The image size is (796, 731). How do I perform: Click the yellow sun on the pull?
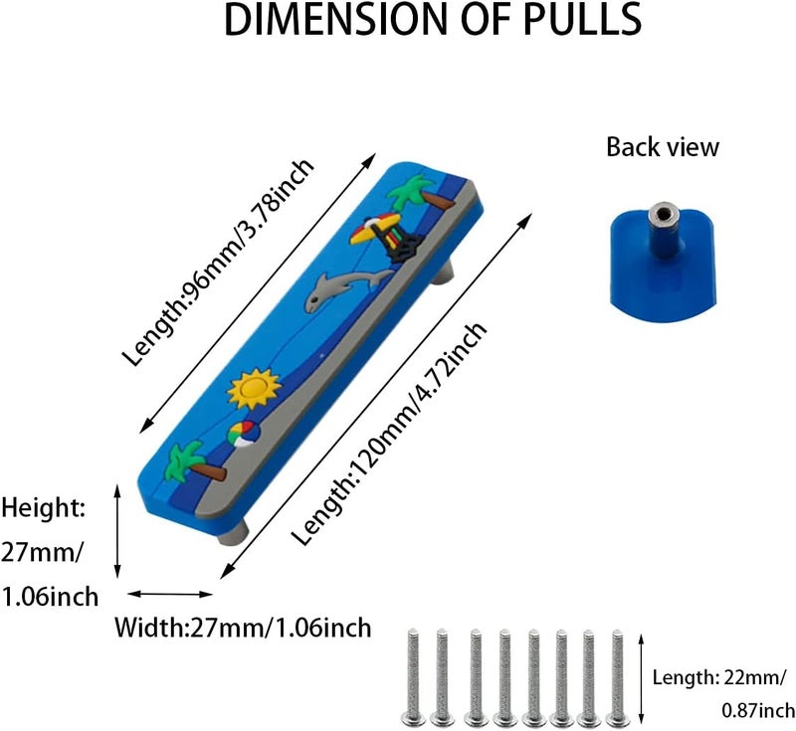tap(254, 388)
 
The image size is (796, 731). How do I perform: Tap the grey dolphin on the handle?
tap(345, 289)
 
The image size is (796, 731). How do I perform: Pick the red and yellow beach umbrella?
tap(376, 228)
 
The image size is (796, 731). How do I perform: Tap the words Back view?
tap(663, 147)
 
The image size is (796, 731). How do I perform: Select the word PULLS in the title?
tap(582, 19)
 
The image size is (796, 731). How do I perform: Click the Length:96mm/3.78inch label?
tap(218, 262)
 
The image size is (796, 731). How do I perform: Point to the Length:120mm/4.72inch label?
tap(389, 434)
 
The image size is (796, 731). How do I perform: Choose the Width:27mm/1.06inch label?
tap(243, 628)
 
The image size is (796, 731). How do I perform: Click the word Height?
tap(43, 508)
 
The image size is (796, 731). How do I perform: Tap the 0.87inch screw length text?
tap(758, 710)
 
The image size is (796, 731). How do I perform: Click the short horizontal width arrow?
tap(169, 594)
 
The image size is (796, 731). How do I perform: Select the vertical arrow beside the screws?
tap(641, 678)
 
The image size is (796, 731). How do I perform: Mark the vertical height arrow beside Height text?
tap(117, 531)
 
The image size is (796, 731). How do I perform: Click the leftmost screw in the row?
tap(412, 677)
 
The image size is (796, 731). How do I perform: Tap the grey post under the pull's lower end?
tap(235, 534)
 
